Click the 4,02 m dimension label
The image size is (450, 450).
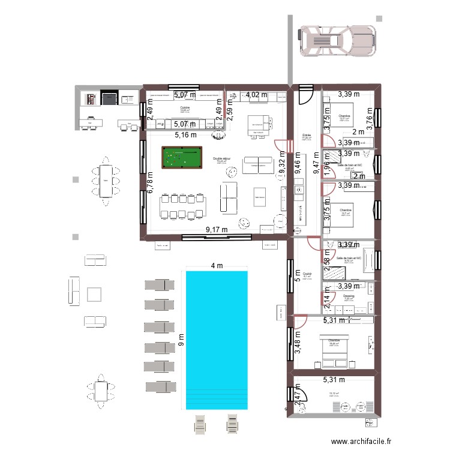[x=257, y=94]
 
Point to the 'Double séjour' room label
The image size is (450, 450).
[x=221, y=159]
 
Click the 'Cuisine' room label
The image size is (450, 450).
[x=185, y=107]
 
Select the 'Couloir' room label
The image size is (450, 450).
[x=307, y=273]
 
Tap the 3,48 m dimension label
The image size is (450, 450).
[x=298, y=349]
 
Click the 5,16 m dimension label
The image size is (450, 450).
[x=185, y=135]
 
